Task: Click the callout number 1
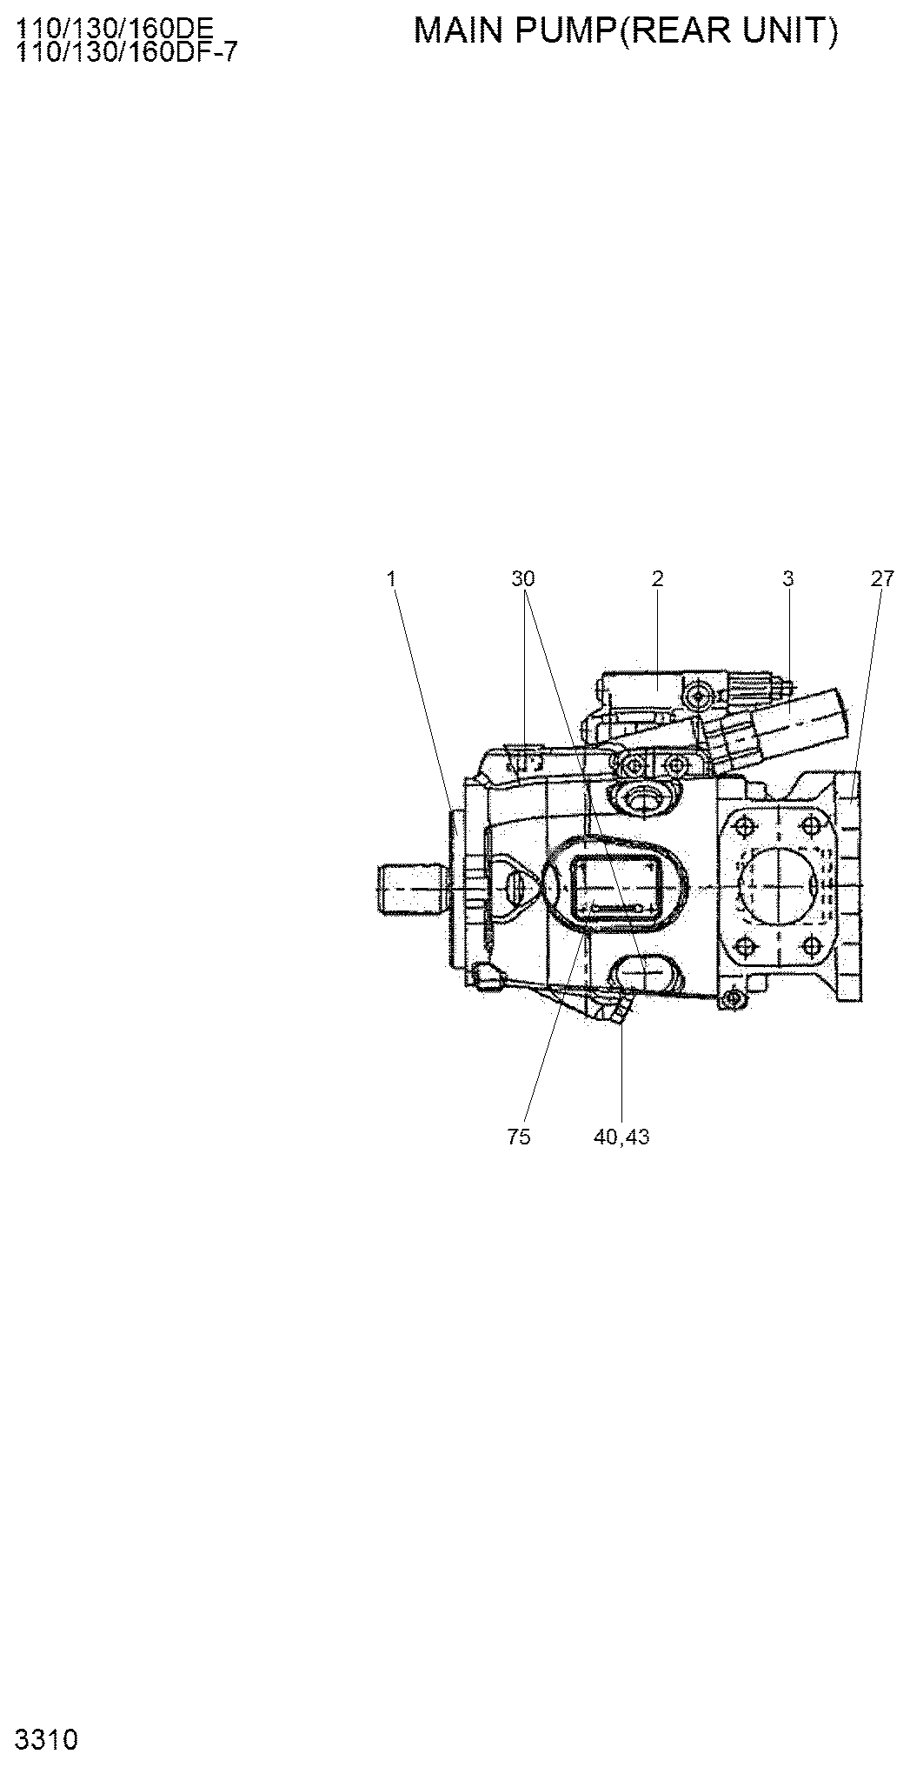(x=392, y=578)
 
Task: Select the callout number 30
(x=523, y=578)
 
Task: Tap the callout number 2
(x=658, y=578)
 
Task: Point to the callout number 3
(x=787, y=578)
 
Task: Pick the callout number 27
(x=881, y=578)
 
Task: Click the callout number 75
(x=518, y=1137)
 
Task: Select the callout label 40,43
(x=621, y=1137)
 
